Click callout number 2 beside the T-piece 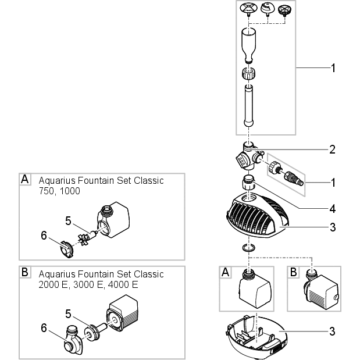click(332, 149)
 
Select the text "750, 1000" click(59, 191)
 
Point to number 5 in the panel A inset click(68, 221)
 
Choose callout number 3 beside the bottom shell click(332, 332)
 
